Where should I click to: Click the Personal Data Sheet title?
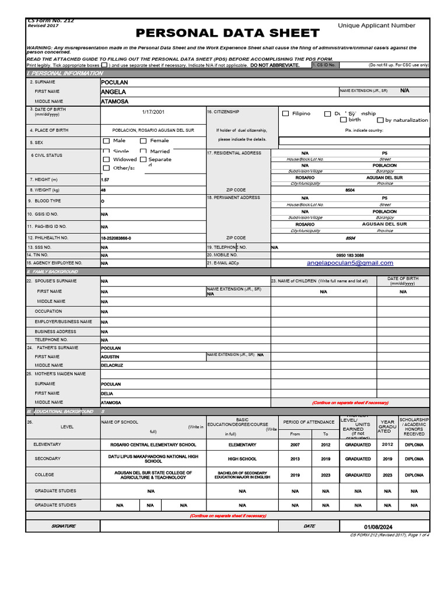point(228,33)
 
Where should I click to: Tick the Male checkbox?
point(106,141)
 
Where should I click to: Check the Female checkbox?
point(143,141)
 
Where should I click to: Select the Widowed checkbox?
point(106,159)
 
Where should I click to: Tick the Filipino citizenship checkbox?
point(285,114)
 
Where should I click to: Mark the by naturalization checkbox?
point(380,120)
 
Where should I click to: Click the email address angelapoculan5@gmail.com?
point(350,263)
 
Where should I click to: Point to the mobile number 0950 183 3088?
point(350,255)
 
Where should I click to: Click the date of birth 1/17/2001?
point(153,111)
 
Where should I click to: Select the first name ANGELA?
point(113,92)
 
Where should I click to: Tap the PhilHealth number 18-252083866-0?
point(116,238)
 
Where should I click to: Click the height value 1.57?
point(105,180)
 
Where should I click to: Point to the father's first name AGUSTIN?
point(110,356)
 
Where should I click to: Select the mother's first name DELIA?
point(107,394)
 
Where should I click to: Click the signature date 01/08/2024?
point(379,527)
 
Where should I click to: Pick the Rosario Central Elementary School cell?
point(153,445)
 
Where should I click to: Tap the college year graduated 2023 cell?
point(387,475)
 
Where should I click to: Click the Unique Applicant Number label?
point(376,26)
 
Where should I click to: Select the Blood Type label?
point(47,201)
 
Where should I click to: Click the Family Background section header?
point(52,272)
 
